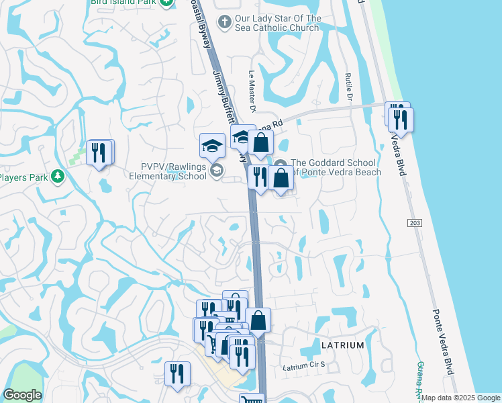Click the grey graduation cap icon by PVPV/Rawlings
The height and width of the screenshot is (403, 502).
tap(217, 171)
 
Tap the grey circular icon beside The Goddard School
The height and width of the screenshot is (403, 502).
tap(281, 163)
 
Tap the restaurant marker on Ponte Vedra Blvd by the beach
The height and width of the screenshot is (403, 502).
tap(401, 119)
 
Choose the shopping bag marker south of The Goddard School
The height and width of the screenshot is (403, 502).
tap(282, 178)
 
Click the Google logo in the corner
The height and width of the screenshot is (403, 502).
tap(22, 395)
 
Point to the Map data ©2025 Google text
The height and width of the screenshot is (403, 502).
tap(460, 398)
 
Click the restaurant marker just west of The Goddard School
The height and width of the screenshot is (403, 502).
tap(258, 176)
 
